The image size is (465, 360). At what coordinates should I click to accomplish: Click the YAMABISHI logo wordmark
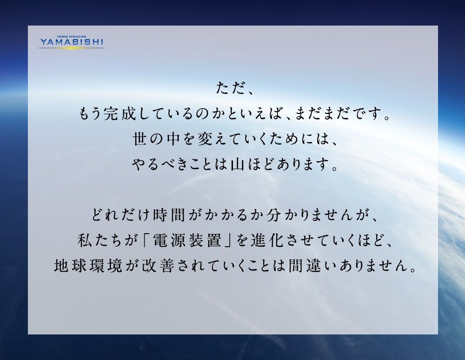coord(72,42)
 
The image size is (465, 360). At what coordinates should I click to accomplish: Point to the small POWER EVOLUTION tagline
coord(72,37)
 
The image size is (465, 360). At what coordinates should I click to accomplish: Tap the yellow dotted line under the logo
coord(72,48)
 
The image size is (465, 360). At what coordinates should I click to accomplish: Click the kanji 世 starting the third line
coord(139,139)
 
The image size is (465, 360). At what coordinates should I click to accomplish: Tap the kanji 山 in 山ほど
coord(238,164)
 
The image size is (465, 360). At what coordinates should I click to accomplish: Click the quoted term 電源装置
coord(187,240)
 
